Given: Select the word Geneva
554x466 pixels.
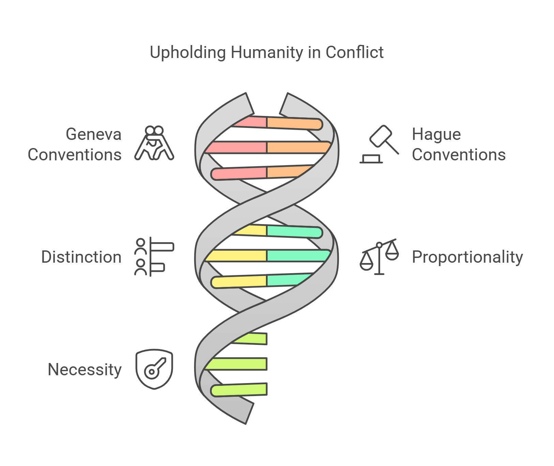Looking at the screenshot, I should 93,134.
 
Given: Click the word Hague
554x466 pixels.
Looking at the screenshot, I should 436,134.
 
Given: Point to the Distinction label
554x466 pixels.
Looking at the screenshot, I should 81,257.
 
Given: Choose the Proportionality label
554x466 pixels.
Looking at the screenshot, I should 467,257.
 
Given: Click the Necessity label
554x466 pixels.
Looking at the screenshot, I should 85,369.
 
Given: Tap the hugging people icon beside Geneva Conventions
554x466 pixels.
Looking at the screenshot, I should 154,143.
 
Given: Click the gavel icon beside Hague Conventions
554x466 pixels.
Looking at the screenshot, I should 379,144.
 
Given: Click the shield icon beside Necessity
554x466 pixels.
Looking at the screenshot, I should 154,369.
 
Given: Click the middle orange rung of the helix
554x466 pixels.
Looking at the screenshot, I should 297,147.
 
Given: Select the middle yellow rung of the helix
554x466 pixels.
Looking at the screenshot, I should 237,256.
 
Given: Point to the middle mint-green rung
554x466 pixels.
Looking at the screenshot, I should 297,256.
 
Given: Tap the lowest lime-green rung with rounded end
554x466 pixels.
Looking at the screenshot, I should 239,390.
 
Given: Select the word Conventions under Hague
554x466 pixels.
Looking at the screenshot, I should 459,155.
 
